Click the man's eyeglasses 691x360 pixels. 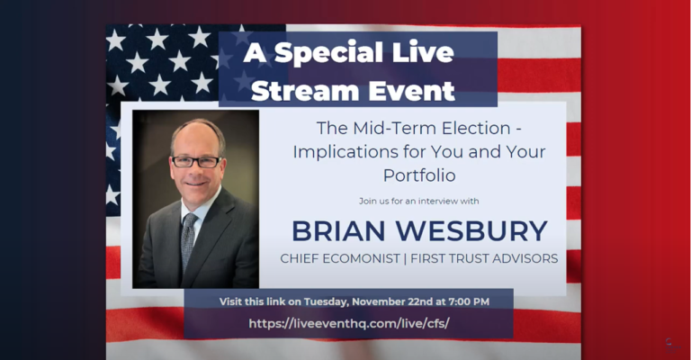pyautogui.click(x=195, y=161)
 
